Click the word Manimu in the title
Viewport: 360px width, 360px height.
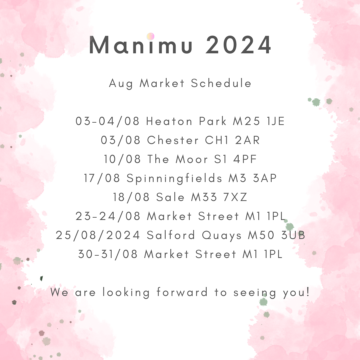click(141, 46)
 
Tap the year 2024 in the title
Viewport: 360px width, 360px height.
click(238, 46)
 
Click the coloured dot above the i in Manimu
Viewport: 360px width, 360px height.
click(150, 36)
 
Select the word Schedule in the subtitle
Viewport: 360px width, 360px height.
click(221, 83)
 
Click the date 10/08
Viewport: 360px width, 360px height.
click(122, 159)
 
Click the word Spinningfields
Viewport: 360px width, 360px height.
click(174, 179)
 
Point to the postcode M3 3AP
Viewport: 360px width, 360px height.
click(253, 178)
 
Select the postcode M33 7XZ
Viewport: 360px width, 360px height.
click(219, 197)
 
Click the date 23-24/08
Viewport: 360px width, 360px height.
click(108, 216)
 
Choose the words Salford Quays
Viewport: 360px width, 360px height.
click(194, 236)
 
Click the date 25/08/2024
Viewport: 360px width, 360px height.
click(98, 235)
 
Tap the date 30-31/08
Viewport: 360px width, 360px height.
click(108, 254)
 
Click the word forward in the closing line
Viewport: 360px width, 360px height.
click(182, 293)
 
